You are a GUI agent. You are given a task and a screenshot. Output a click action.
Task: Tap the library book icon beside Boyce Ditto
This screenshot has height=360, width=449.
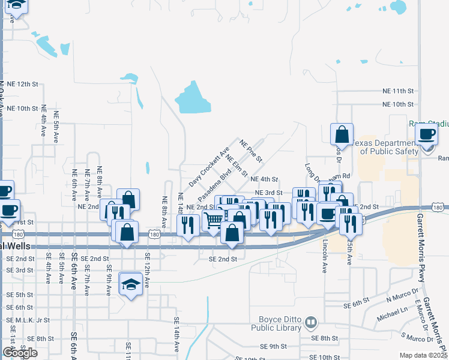tap(310, 323)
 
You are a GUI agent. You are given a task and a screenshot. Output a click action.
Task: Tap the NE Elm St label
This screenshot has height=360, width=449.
tap(237, 166)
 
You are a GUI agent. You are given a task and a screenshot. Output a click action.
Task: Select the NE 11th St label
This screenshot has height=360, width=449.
tap(399, 91)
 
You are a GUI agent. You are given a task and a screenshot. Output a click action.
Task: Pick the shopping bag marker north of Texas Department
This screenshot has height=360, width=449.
tap(341, 134)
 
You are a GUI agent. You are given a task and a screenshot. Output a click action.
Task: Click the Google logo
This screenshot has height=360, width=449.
tap(20, 352)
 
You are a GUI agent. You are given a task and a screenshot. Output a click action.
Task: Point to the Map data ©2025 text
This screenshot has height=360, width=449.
tap(423, 355)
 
